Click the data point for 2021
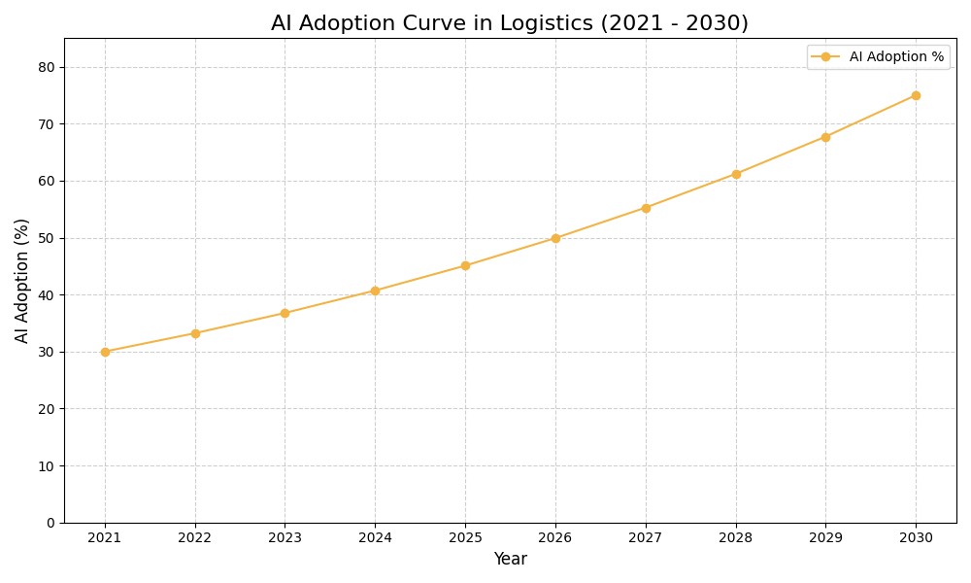tap(105, 352)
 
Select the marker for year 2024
tap(375, 291)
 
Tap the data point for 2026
tap(555, 238)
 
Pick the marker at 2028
tap(736, 174)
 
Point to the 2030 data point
tap(916, 95)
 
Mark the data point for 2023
tap(285, 313)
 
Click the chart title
tap(510, 23)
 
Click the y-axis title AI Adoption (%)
tap(22, 280)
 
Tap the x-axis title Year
tap(510, 560)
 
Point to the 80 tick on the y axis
tap(47, 67)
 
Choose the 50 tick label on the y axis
tap(47, 238)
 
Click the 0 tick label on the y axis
tap(50, 523)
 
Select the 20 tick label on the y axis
tap(47, 409)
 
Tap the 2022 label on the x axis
tap(195, 538)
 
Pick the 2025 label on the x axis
tap(465, 538)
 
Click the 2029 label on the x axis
tap(825, 538)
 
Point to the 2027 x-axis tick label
tap(646, 538)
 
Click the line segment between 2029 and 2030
tap(871, 117)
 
